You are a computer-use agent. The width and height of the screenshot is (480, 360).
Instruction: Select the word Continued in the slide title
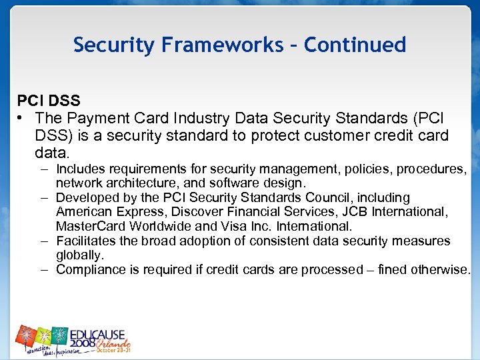[355, 45]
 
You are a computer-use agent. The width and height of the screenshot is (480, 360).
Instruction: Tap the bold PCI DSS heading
[49, 101]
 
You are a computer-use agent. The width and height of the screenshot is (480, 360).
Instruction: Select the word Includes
[83, 169]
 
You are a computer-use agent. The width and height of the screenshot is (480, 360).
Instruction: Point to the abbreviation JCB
[338, 212]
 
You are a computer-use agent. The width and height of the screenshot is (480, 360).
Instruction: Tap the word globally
[80, 255]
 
